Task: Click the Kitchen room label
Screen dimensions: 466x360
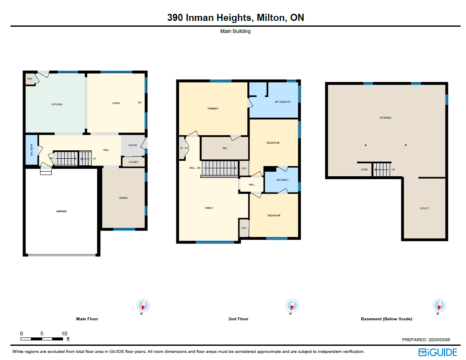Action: pos(57,104)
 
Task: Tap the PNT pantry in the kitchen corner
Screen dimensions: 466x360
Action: pos(30,79)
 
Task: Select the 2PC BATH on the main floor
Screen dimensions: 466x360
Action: pos(32,150)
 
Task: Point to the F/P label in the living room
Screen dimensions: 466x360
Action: pos(140,103)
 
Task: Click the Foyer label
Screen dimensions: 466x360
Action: pos(133,145)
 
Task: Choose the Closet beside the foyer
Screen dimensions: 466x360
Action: pos(134,162)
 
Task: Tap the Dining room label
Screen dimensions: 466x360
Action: pos(123,198)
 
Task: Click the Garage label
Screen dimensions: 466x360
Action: pos(61,211)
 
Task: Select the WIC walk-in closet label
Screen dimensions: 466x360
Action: pos(225,148)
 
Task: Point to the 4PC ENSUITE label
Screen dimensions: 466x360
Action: pos(282,102)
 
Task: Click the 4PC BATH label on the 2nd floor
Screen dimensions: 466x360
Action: pos(282,180)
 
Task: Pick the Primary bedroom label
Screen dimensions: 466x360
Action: pos(213,109)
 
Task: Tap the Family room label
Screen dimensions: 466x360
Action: pos(209,208)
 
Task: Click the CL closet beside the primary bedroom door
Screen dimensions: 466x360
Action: pos(181,148)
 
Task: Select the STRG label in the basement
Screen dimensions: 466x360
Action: pos(364,170)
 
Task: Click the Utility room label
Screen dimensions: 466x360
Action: pos(424,208)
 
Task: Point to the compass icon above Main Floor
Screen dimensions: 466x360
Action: pos(143,306)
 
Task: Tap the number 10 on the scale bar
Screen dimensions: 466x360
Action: pos(64,334)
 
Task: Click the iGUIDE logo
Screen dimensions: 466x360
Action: pos(438,352)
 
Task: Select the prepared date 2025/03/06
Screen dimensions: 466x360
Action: pos(439,340)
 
